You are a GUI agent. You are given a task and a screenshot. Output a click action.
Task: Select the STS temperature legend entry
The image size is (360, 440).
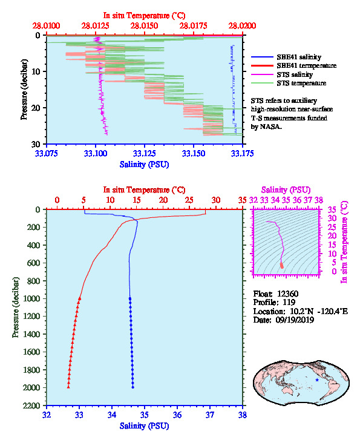289,83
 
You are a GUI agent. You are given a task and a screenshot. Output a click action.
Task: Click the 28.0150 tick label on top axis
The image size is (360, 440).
144,26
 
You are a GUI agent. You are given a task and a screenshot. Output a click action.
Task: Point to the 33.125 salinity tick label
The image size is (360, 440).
144,153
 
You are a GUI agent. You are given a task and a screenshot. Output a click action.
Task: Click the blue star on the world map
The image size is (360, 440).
317,380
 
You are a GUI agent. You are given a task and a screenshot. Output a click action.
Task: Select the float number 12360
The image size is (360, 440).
287,294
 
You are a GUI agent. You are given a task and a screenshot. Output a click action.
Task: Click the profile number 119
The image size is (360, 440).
289,302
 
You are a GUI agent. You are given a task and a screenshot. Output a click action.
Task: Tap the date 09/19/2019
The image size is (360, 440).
295,320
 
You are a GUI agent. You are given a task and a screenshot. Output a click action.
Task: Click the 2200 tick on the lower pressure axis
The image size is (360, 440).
31,406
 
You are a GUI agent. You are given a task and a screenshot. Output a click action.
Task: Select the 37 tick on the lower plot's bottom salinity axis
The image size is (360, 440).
209,415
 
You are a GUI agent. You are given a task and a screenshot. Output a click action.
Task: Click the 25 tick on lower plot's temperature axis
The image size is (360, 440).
189,200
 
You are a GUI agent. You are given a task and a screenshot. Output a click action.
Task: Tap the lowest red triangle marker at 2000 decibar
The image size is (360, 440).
68,387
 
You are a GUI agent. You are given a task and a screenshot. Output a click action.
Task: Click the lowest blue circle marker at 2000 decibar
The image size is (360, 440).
133,387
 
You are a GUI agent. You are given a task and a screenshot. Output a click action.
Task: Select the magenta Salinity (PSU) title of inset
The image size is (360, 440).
286,190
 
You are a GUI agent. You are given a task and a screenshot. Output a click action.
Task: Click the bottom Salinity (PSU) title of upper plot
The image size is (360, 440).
144,165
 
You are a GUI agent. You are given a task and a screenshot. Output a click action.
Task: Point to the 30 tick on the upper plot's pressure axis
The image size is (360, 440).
36,144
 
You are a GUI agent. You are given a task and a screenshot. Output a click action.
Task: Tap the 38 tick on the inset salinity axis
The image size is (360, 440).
319,200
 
